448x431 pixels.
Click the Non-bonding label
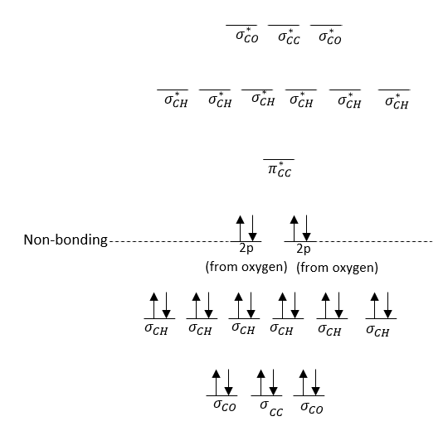pyautogui.click(x=66, y=240)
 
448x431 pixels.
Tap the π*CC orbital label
pyautogui.click(x=280, y=170)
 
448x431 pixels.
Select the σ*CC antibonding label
pyautogui.click(x=289, y=37)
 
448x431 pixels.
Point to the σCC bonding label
pyautogui.click(x=271, y=409)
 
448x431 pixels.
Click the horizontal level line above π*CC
pyautogui.click(x=279, y=159)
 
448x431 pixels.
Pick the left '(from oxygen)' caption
pyautogui.click(x=246, y=267)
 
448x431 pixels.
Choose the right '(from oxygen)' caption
pyautogui.click(x=337, y=268)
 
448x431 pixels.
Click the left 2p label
pyautogui.click(x=246, y=249)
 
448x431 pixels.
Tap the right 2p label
pyautogui.click(x=304, y=249)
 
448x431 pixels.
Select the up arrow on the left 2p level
pyautogui.click(x=241, y=228)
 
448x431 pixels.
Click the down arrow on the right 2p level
pyautogui.click(x=307, y=228)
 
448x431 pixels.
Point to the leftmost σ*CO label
pyautogui.click(x=247, y=36)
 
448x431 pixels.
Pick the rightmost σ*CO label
pyautogui.click(x=330, y=37)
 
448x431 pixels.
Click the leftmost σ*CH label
pyautogui.click(x=176, y=100)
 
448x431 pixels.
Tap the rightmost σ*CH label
pyautogui.click(x=397, y=102)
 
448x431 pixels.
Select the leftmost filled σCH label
pyautogui.click(x=156, y=328)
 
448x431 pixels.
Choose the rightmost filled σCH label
pyautogui.click(x=377, y=331)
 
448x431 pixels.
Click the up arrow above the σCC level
pyautogui.click(x=261, y=382)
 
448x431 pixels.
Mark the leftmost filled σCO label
pyautogui.click(x=225, y=405)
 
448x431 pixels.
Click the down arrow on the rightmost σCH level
pyautogui.click(x=387, y=305)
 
